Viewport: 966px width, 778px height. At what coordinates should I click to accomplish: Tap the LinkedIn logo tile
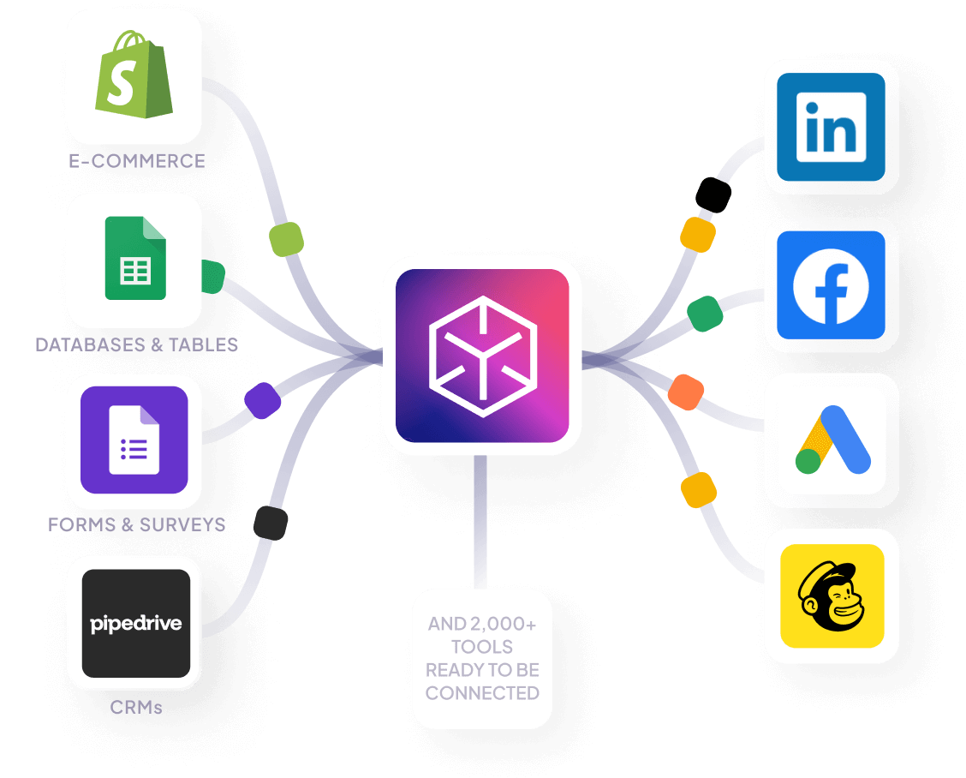[x=831, y=127]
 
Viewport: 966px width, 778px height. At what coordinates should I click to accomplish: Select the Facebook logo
[x=831, y=285]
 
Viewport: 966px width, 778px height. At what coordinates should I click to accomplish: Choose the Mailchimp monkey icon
[x=831, y=595]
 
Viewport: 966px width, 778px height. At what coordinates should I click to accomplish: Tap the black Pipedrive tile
[x=135, y=623]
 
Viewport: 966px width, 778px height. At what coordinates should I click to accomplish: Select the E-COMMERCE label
[x=137, y=160]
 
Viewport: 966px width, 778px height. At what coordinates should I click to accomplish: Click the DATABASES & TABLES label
[x=137, y=344]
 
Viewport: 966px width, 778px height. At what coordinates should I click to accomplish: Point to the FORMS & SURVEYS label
[x=137, y=524]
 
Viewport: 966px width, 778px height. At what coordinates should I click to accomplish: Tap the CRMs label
[x=136, y=708]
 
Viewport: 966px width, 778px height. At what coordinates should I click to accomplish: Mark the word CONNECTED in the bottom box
[x=482, y=693]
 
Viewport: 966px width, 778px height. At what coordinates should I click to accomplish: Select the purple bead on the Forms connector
[x=263, y=400]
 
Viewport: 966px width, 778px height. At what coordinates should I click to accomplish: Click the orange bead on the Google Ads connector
[x=685, y=391]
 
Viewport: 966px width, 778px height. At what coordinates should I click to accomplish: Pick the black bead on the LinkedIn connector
[x=713, y=194]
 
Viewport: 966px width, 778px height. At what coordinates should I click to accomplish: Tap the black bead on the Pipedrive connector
[x=271, y=523]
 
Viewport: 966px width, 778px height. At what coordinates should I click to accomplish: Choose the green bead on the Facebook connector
[x=705, y=314]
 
